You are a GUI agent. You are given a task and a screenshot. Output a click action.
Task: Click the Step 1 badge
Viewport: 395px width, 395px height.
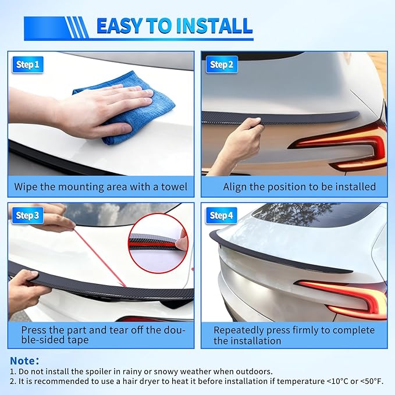[x=28, y=65]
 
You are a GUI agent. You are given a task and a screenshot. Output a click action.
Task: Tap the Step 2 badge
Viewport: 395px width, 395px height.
[x=222, y=65]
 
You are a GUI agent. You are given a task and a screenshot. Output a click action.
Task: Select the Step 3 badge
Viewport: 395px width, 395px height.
[x=28, y=216]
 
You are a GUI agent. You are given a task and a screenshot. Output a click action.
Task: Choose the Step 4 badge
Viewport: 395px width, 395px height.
[x=222, y=216]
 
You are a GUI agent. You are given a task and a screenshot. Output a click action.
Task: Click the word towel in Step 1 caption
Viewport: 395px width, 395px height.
[x=173, y=187]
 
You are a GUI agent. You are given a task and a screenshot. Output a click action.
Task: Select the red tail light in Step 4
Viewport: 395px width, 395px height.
[x=343, y=294]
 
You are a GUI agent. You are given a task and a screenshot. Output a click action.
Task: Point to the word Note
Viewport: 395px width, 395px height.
[x=24, y=361]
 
